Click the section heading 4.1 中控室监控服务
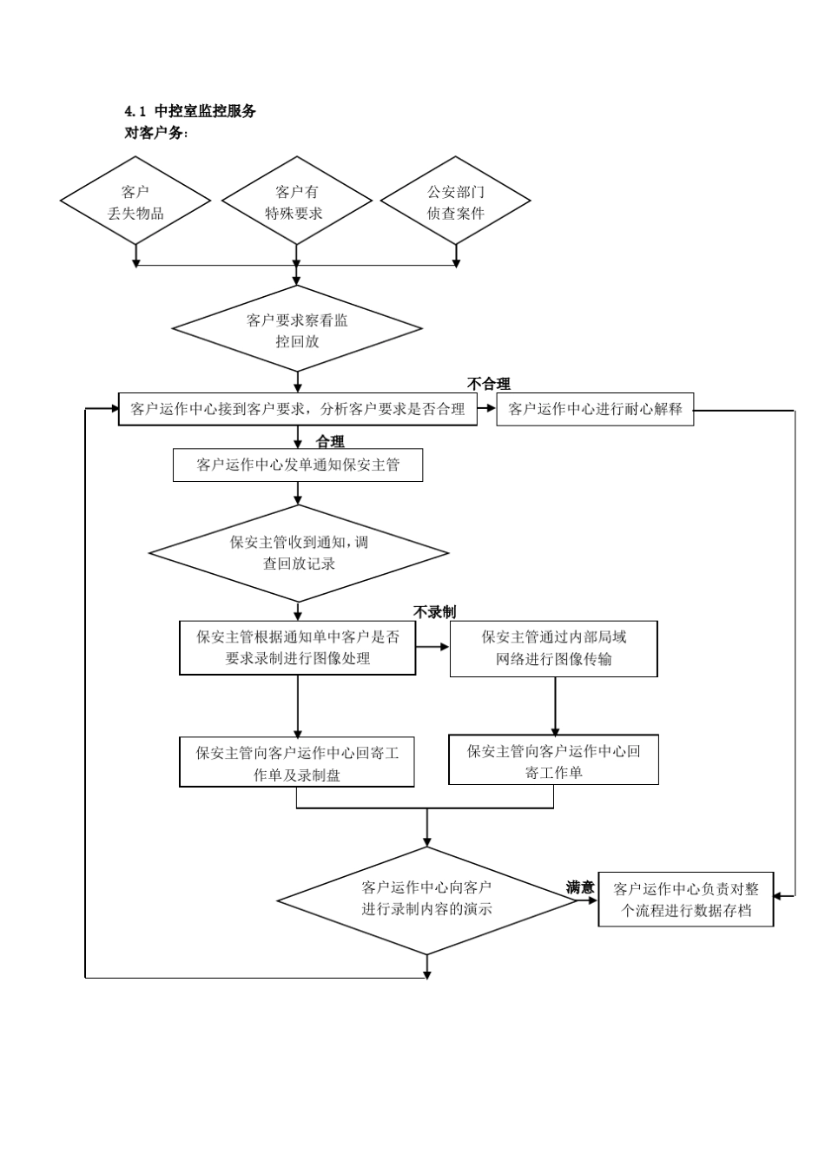(190, 111)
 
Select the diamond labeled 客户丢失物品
(135, 202)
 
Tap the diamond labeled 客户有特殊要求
(297, 202)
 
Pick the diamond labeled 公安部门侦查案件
(456, 202)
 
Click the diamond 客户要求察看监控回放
(297, 331)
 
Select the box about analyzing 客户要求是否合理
(298, 409)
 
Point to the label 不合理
(489, 384)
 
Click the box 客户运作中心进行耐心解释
(595, 409)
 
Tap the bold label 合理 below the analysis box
(330, 441)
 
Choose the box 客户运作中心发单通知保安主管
(298, 465)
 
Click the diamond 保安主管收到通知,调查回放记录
(298, 553)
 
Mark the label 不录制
(434, 612)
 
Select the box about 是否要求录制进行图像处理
(298, 648)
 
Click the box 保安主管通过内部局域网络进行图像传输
(553, 648)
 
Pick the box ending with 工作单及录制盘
(297, 763)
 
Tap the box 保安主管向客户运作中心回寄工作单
(553, 761)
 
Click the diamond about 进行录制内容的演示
(426, 899)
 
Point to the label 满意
(580, 887)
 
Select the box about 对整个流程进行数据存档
(685, 900)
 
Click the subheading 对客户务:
(157, 134)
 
